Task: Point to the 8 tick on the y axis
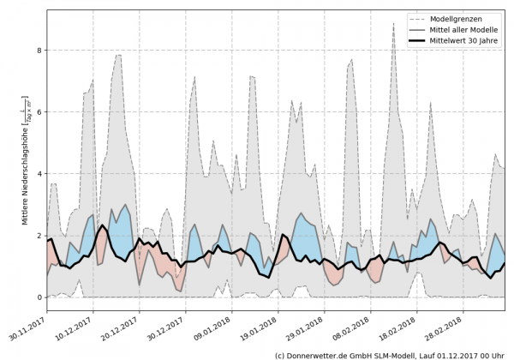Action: (x=38, y=51)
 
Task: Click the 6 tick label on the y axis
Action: (x=38, y=112)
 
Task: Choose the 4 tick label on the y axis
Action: (x=38, y=174)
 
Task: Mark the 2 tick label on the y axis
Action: (x=38, y=236)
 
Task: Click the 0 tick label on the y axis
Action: (x=38, y=297)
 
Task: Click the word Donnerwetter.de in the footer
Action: (x=326, y=354)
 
